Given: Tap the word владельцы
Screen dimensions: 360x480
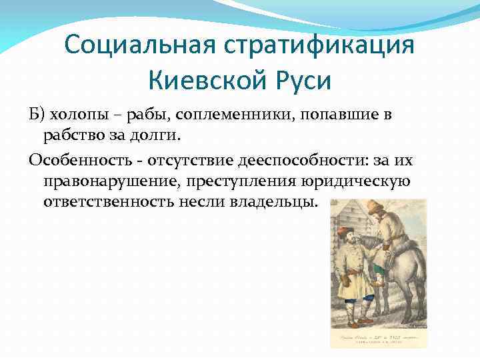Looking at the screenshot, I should pos(273,202).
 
